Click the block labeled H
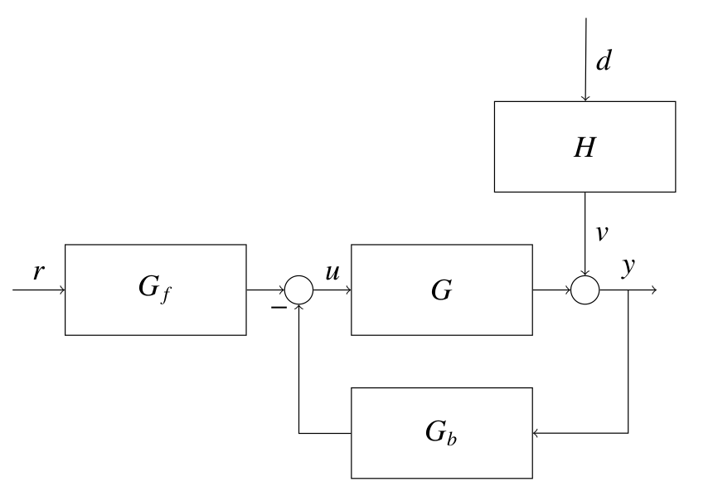tap(585, 146)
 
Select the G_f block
tap(156, 289)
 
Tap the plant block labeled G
tap(441, 289)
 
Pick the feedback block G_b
tap(441, 432)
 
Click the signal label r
tap(37, 273)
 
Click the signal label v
tap(603, 234)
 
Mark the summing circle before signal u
tap(299, 290)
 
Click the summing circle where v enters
tap(585, 290)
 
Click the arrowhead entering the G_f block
tap(62, 290)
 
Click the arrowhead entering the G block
tap(348, 290)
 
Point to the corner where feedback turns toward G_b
tap(628, 432)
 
